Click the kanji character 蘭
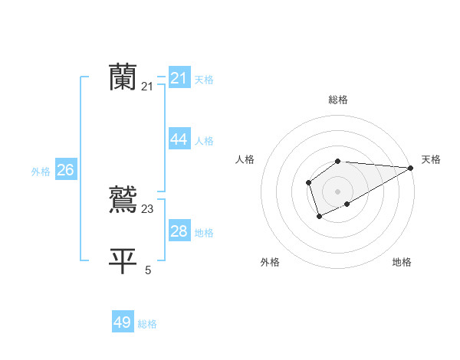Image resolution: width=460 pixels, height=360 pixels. coord(123,77)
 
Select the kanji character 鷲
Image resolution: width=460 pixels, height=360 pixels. coord(123,199)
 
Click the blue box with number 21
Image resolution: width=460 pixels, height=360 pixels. coord(179,78)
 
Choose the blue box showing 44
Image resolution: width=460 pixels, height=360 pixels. coord(179,139)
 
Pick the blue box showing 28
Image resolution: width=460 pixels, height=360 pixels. coord(179,231)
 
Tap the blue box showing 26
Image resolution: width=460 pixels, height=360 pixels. coord(65,170)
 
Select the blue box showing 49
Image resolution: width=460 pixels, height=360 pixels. coord(123,322)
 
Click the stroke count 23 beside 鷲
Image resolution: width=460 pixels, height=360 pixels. coord(148,208)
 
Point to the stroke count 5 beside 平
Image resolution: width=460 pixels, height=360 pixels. coord(148,270)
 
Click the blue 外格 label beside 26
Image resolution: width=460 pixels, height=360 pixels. coord(41,172)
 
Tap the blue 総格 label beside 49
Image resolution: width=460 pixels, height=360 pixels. coord(147,324)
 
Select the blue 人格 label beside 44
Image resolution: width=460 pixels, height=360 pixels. coord(204,141)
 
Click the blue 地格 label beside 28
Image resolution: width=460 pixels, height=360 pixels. coord(204,233)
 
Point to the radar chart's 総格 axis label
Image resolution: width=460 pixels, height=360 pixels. coord(338,100)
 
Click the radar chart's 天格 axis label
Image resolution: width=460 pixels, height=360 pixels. coord(431,159)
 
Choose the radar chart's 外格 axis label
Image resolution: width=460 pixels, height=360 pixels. coord(270,263)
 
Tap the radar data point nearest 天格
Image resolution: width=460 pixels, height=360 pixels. coord(410,168)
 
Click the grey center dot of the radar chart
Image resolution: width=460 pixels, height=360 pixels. coord(338,191)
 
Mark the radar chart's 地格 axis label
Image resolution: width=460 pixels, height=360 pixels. coord(402,263)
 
